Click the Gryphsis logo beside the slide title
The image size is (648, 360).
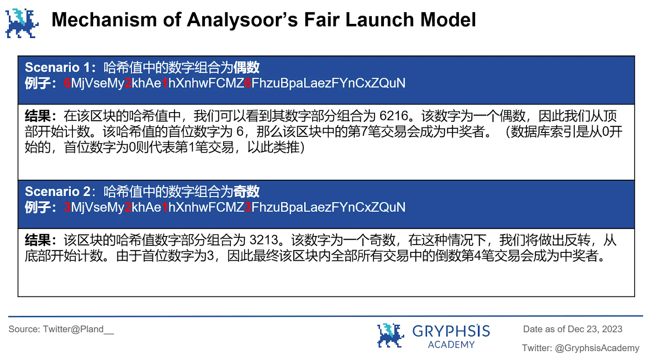click(x=22, y=23)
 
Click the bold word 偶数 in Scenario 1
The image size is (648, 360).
click(x=246, y=67)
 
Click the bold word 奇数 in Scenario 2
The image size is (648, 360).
click(x=246, y=191)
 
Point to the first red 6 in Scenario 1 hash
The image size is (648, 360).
click(x=67, y=83)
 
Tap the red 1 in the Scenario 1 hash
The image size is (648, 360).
click(x=165, y=83)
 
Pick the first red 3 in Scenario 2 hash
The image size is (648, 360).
click(x=67, y=207)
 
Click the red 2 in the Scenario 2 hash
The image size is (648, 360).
click(x=128, y=207)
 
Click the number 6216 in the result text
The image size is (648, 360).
click(x=394, y=116)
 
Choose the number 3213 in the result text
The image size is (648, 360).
click(x=264, y=240)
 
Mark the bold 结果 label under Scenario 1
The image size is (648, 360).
click(x=38, y=116)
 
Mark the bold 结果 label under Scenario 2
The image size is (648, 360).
click(x=38, y=240)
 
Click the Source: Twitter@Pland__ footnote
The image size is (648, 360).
click(x=61, y=329)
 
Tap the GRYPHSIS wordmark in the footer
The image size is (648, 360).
click(x=451, y=331)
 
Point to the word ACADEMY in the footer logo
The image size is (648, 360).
click(x=451, y=345)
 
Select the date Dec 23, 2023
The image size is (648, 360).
click(x=595, y=329)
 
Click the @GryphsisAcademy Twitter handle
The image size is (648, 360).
click(x=597, y=348)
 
